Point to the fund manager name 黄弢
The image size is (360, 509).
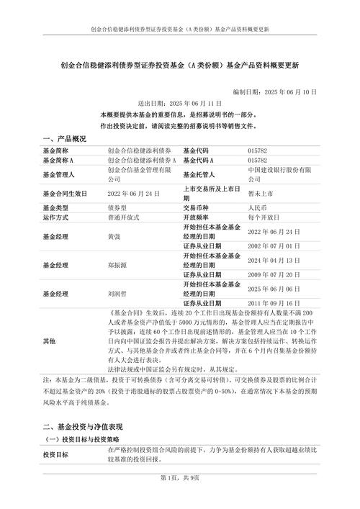click(x=114, y=236)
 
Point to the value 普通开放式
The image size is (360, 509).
click(x=123, y=217)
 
